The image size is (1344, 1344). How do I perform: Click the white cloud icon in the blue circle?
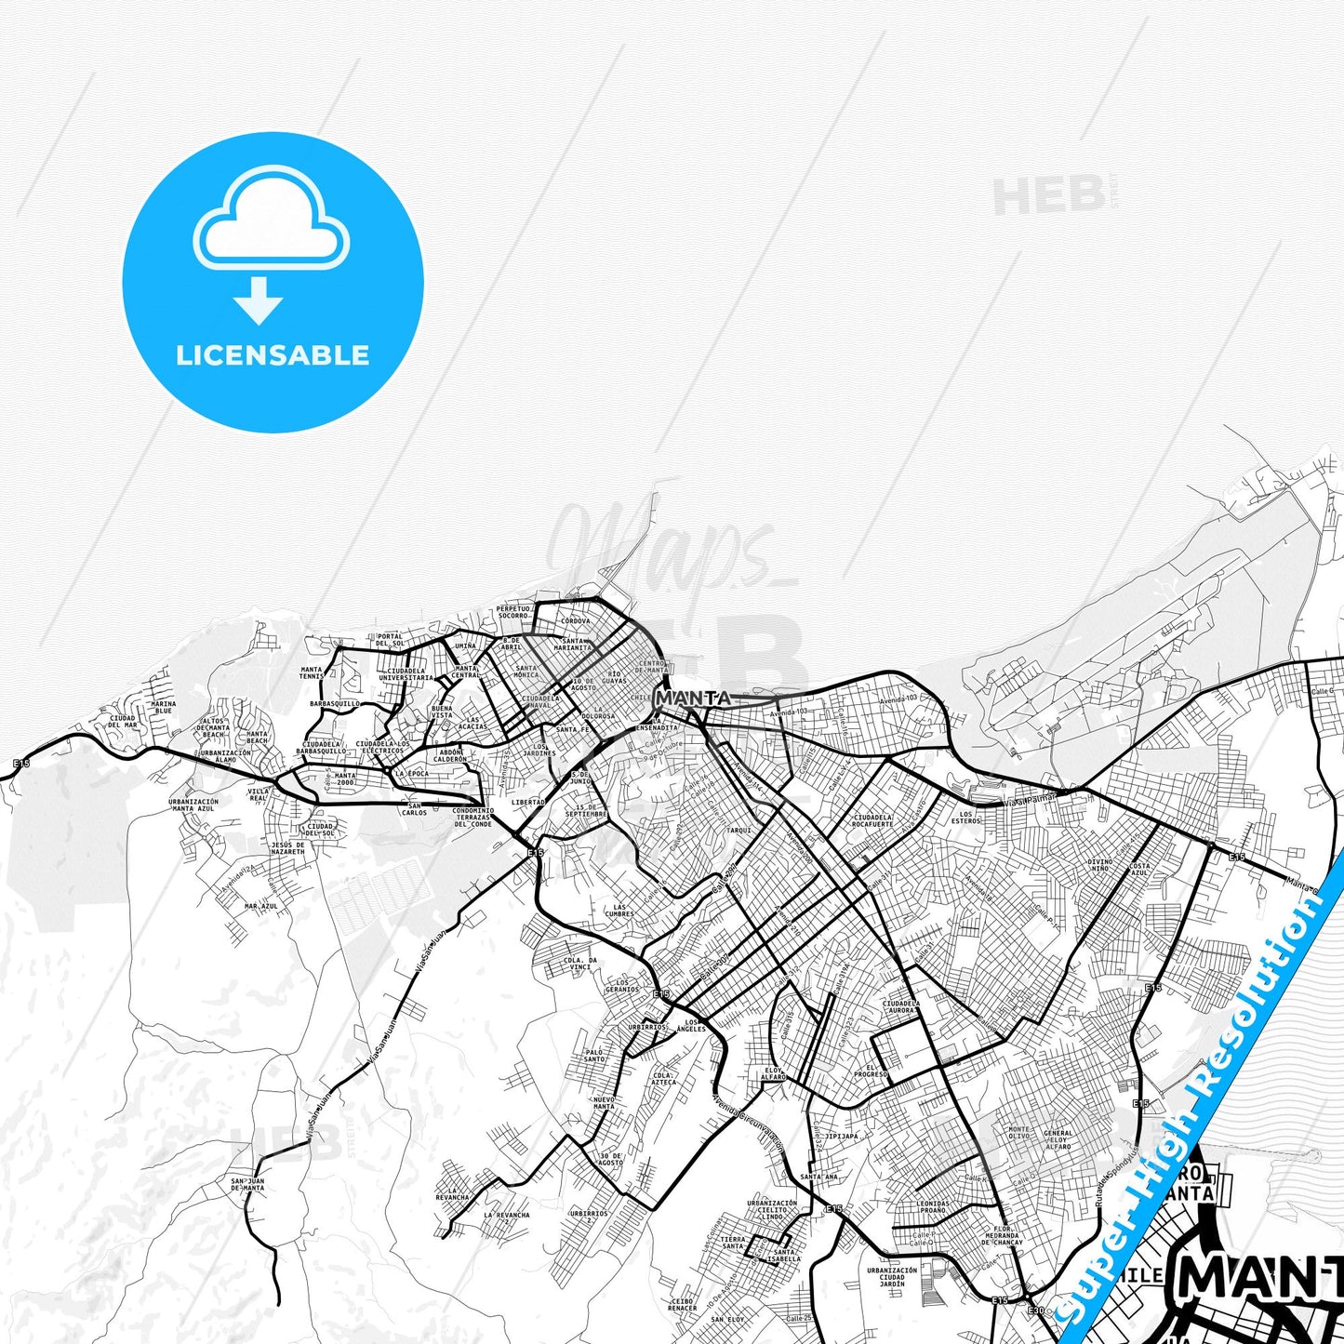tap(272, 221)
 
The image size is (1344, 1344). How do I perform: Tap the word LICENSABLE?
tap(273, 354)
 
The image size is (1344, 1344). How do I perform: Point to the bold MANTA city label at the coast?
tap(693, 698)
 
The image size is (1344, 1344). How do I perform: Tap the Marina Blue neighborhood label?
tap(164, 708)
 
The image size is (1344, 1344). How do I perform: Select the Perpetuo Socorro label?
tap(512, 611)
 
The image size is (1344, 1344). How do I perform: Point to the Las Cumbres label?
tap(619, 910)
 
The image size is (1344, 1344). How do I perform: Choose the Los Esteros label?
tap(966, 818)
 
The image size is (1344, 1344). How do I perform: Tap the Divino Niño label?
tap(1100, 865)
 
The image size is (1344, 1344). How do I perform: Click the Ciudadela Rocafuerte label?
tap(872, 820)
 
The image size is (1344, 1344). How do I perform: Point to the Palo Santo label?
tap(594, 1055)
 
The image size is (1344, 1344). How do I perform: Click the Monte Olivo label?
tap(1019, 1133)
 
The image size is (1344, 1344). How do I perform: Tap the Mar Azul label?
tap(261, 905)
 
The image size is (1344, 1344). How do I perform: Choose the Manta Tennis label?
tap(312, 672)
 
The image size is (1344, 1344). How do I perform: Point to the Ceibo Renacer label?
tap(683, 1305)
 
